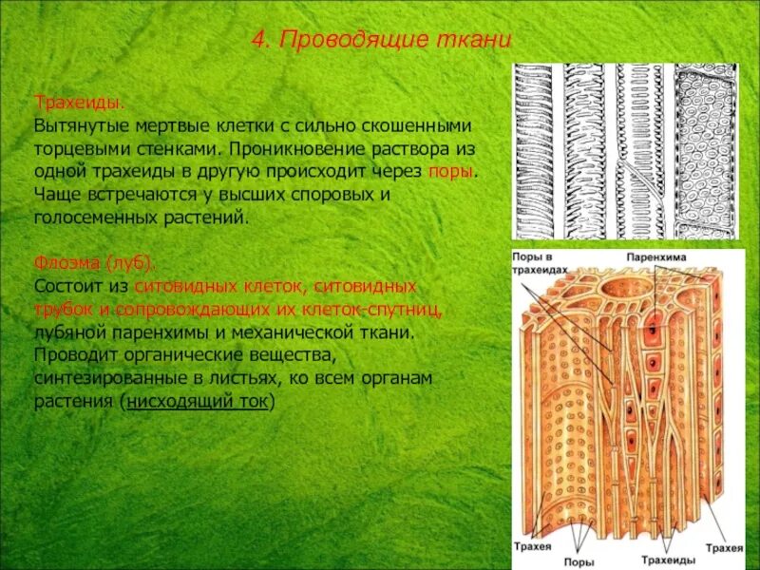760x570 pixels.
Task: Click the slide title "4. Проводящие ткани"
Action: tap(382, 40)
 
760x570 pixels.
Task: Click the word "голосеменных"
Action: tap(89, 218)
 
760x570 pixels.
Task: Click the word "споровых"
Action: tap(343, 195)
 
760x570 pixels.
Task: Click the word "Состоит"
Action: tap(67, 286)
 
